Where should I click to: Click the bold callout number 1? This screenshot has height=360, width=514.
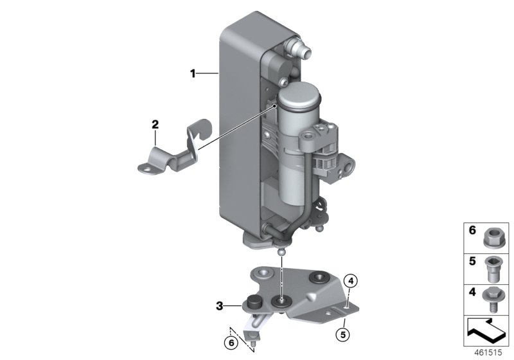[192, 74]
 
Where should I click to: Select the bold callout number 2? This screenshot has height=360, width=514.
[155, 123]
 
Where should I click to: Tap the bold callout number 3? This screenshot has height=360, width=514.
[220, 306]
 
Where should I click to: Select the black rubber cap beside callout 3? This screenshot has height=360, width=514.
[252, 305]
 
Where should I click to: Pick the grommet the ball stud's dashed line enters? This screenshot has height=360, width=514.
[280, 300]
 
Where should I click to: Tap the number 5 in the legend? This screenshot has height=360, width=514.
[472, 262]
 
